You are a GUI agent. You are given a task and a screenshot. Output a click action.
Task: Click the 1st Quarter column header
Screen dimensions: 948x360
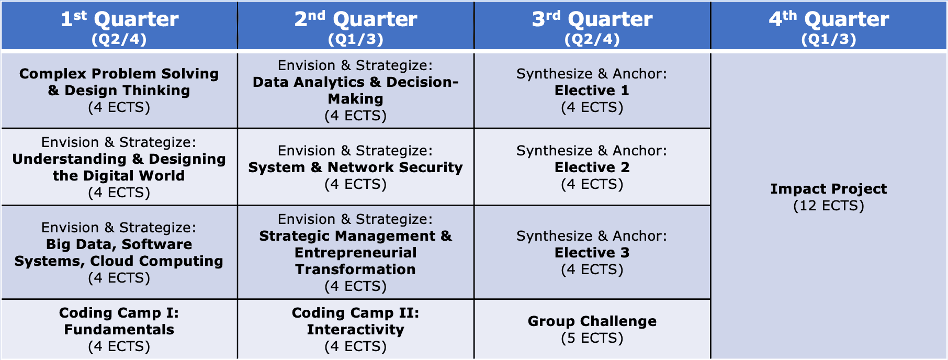(x=119, y=26)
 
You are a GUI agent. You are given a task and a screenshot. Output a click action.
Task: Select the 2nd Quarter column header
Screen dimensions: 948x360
(x=356, y=26)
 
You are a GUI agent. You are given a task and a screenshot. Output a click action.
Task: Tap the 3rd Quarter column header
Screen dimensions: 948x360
(x=592, y=26)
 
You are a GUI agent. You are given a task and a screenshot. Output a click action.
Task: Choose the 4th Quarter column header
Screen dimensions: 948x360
(x=829, y=26)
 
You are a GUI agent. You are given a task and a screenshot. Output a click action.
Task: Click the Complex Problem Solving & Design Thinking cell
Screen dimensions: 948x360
(x=119, y=91)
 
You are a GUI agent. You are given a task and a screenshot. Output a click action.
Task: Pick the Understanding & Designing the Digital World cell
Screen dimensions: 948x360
(x=119, y=167)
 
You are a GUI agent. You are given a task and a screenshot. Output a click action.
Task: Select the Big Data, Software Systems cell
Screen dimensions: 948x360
(x=119, y=252)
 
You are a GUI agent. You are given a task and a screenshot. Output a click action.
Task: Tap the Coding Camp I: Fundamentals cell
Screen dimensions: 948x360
(x=119, y=329)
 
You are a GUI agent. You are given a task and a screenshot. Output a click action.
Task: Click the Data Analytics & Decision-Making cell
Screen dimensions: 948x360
(x=356, y=91)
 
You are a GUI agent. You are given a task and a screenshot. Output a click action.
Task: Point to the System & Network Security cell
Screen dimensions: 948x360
(x=356, y=167)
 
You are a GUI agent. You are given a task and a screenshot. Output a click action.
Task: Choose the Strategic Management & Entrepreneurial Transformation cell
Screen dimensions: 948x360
(x=356, y=252)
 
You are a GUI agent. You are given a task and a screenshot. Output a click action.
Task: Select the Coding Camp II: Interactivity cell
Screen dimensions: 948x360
(x=356, y=329)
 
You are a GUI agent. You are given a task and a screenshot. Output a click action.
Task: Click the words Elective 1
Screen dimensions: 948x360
(x=592, y=91)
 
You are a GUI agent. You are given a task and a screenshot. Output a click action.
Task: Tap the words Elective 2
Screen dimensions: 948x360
(x=592, y=167)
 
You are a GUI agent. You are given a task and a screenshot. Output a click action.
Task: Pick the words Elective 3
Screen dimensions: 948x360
(x=592, y=253)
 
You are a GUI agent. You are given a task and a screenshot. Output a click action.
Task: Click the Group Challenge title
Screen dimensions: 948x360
(x=592, y=321)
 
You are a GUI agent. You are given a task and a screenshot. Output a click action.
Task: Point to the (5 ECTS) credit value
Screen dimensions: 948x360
(x=592, y=338)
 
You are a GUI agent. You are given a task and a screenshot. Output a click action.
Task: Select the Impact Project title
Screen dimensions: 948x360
(x=829, y=189)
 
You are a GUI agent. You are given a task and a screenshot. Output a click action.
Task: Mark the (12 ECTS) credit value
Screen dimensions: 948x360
(x=829, y=206)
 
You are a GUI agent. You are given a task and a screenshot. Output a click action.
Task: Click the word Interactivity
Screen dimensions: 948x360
(x=356, y=330)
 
